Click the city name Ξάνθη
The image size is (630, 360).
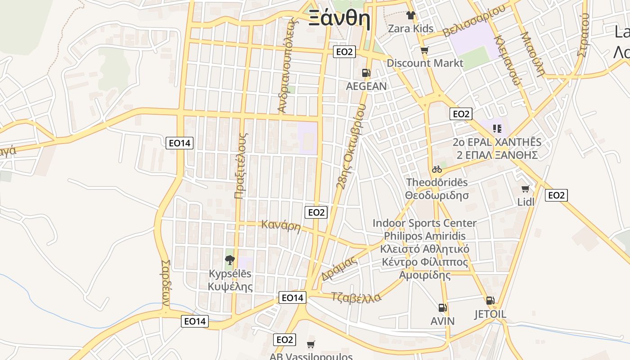click(339, 19)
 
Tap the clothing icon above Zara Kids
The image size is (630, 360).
click(410, 15)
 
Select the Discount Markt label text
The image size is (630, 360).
click(425, 63)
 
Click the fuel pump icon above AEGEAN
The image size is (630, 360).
click(366, 73)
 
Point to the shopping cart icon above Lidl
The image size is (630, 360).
click(525, 189)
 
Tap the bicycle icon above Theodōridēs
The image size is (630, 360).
click(436, 170)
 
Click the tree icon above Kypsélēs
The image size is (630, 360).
click(230, 260)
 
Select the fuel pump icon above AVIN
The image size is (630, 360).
click(443, 308)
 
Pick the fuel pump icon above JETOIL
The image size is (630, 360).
click(490, 301)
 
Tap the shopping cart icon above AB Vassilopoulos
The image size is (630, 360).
click(310, 344)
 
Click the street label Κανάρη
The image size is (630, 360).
click(281, 225)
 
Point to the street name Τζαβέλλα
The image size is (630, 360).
click(356, 297)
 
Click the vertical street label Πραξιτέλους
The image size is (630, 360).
click(241, 166)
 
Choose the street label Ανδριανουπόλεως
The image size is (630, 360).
click(288, 65)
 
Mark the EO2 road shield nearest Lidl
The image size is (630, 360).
click(556, 195)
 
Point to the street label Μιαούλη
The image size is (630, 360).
click(532, 54)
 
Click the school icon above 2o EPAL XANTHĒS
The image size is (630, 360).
click(497, 129)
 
